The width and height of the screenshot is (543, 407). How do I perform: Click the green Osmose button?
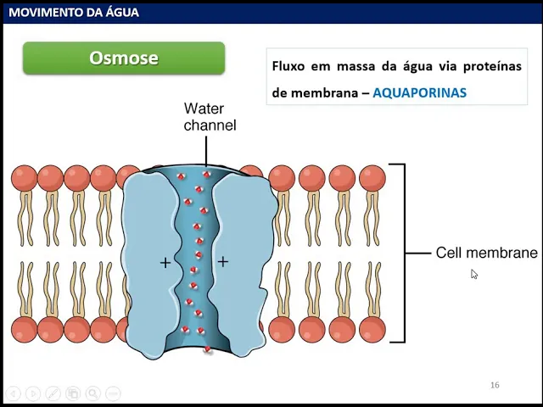[124, 59]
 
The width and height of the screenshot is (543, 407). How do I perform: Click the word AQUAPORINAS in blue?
[419, 92]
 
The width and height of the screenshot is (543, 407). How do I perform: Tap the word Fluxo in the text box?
[288, 66]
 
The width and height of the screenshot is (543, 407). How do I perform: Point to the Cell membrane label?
[486, 253]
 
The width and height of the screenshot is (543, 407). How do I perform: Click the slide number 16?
[495, 385]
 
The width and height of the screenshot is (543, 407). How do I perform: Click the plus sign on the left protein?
[165, 263]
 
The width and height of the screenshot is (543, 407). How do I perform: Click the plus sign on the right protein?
[222, 261]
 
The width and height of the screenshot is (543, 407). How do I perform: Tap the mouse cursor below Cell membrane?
[473, 274]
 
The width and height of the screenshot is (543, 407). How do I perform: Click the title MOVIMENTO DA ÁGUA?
[74, 12]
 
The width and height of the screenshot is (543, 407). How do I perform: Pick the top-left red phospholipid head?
[24, 178]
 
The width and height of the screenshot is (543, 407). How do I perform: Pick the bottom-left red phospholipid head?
[24, 329]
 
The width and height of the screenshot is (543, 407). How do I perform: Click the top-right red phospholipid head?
[372, 178]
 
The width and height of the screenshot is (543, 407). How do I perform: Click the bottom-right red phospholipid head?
[372, 329]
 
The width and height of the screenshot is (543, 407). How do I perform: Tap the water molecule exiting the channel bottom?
[207, 348]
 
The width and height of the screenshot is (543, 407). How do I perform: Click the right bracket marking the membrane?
[404, 253]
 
